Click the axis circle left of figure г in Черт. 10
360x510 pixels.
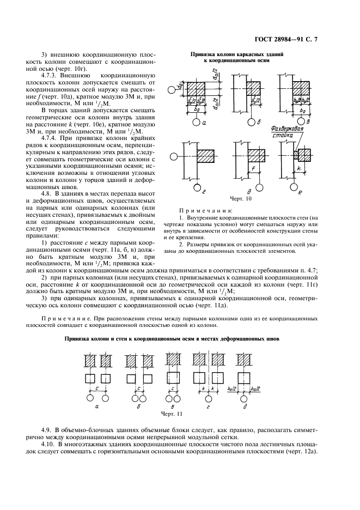coord(173,157)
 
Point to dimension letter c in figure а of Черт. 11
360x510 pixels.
coord(96,388)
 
